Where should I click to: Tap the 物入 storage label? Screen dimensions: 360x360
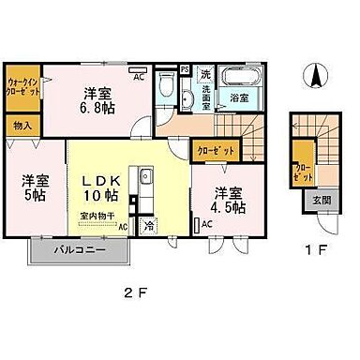point(22,126)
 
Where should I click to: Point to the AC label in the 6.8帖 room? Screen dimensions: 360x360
point(138,78)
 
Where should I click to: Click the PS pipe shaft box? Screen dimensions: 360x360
point(184,69)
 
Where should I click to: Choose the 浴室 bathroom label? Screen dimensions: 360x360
point(240,97)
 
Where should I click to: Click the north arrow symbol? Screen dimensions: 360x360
point(318,75)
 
